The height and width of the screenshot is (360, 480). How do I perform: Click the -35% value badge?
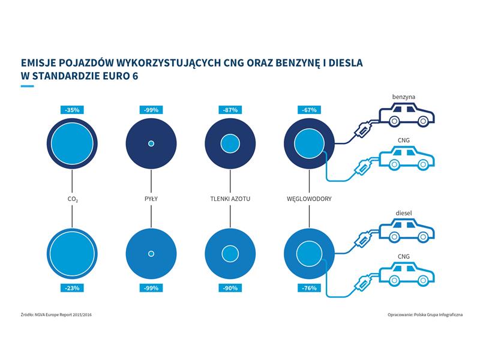coord(72,110)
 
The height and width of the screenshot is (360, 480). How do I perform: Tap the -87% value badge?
coord(230,110)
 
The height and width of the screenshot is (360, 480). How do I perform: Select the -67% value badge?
coord(309,110)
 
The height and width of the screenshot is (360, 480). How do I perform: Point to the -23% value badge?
coord(72,288)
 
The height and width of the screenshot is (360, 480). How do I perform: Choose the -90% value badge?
coord(230,288)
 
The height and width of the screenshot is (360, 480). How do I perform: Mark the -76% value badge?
coord(309,288)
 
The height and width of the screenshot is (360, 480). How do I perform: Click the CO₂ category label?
coord(73,199)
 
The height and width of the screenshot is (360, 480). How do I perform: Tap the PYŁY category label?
coord(151,199)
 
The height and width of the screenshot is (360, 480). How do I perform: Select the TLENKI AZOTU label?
coord(230,199)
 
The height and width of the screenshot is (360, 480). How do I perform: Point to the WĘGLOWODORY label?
coord(309,199)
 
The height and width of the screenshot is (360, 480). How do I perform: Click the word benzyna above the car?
coord(404,97)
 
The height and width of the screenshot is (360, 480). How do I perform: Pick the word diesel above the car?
coord(404,213)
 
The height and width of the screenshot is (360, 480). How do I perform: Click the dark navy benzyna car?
coord(407,115)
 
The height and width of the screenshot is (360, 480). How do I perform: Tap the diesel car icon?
coord(407,230)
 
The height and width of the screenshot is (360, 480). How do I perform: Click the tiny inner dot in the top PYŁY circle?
coord(151,143)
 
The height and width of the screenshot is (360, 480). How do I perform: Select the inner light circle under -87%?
coord(230,143)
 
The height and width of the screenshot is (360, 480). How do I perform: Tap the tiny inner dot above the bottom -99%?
coord(151,253)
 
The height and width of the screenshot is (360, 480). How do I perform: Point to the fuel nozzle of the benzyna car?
coord(363,130)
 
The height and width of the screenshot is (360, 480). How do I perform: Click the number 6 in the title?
coord(135,76)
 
